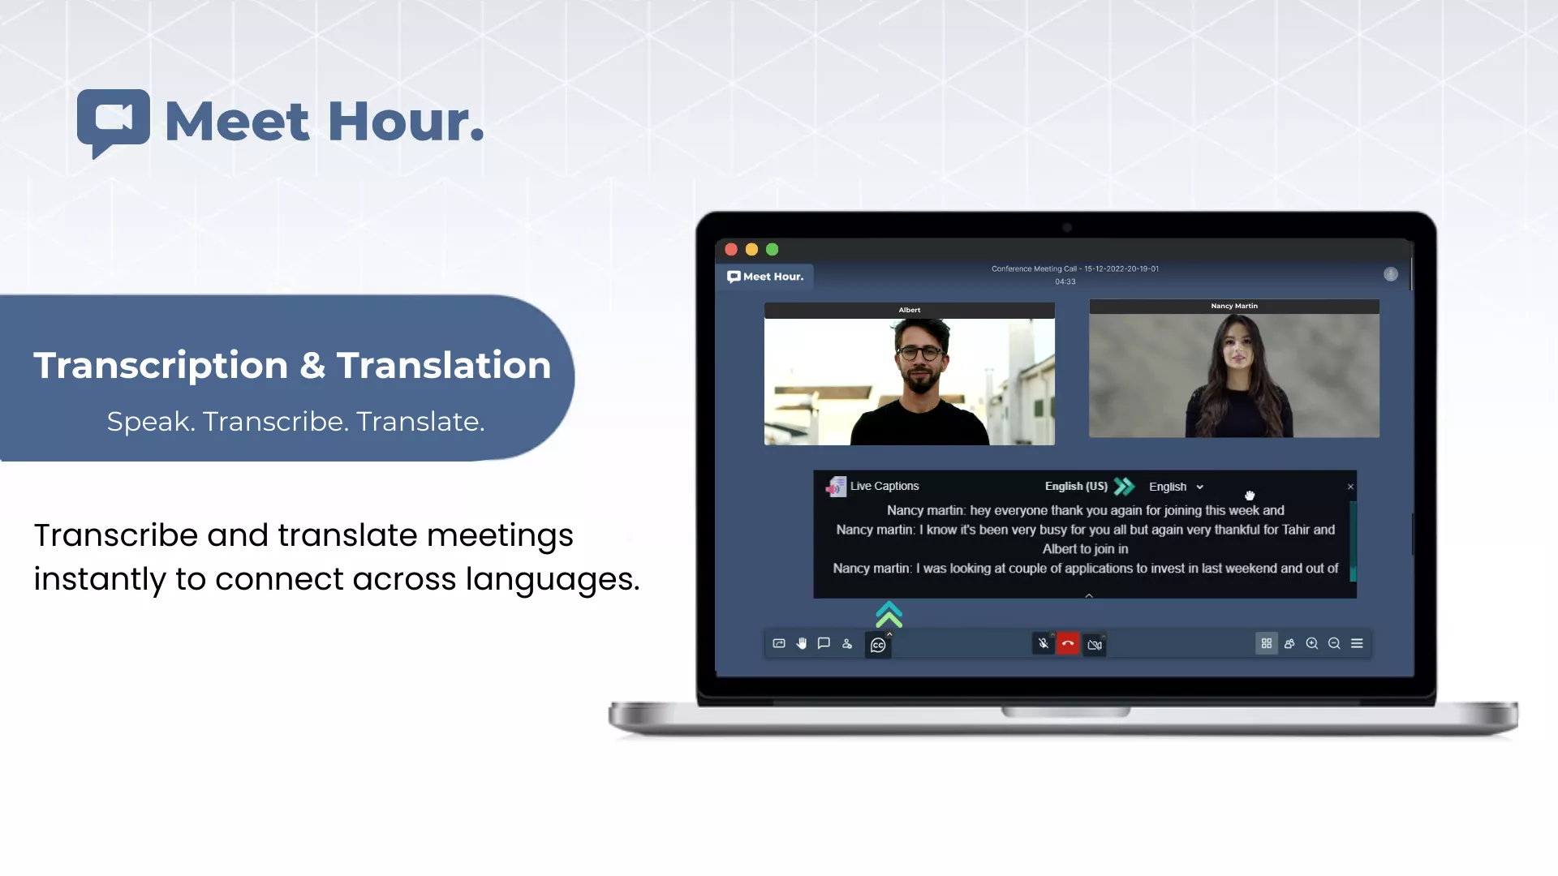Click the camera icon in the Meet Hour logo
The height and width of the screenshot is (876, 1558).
pos(114,118)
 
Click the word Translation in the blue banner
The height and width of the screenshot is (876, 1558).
pos(444,365)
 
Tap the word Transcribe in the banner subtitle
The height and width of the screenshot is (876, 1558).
pos(275,422)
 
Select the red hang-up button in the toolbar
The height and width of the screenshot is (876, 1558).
pos(1068,644)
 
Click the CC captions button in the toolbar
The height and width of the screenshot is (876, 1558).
pos(878,645)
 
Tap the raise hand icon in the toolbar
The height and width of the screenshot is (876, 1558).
pos(802,643)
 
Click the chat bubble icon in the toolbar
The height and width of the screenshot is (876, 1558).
pos(824,643)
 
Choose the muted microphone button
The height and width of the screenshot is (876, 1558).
pos(1044,644)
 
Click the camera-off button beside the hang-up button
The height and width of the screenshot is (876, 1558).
pos(1095,645)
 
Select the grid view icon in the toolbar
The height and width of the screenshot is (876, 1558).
pos(1266,643)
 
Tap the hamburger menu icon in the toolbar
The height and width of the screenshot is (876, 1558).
pos(1357,643)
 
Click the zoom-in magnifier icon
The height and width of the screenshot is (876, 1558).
pos(1312,643)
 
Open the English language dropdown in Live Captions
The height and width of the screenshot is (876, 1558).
pos(1176,487)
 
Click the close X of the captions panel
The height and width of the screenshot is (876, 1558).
pos(1350,487)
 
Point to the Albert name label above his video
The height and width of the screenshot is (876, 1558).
pos(910,310)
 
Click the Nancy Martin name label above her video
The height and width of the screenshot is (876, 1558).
pos(1234,306)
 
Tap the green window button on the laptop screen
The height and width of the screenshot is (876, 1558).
pos(773,250)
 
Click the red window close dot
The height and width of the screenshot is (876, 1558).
pos(731,250)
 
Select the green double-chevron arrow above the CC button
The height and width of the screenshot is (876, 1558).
pos(889,615)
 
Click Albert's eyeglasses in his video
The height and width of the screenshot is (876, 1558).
pos(920,353)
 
